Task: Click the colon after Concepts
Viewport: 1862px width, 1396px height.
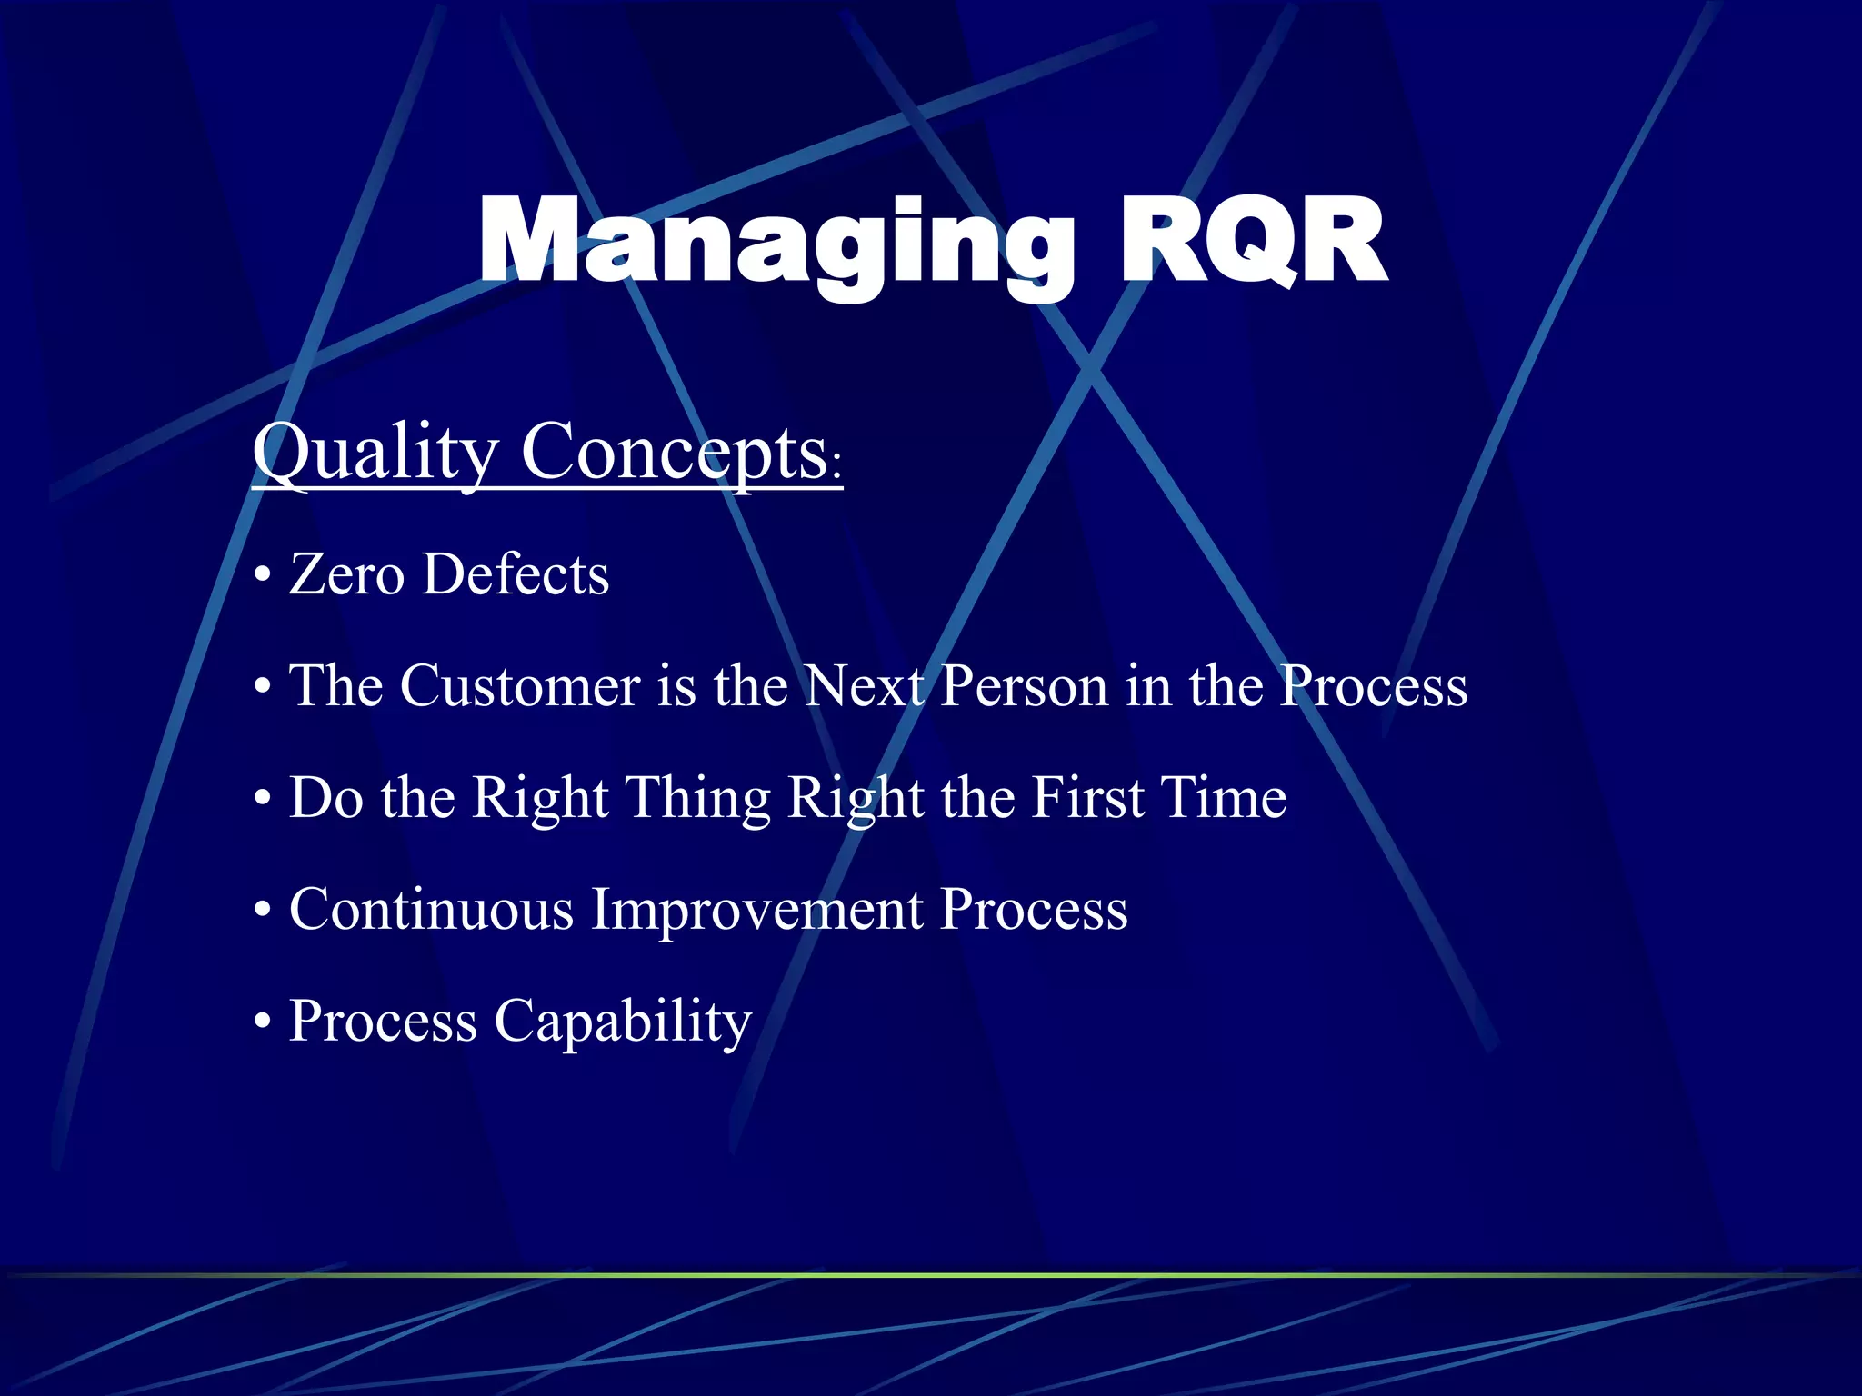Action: click(836, 466)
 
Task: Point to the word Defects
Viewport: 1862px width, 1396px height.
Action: click(516, 575)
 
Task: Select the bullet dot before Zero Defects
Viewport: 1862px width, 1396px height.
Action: click(263, 578)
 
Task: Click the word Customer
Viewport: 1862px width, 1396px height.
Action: click(519, 686)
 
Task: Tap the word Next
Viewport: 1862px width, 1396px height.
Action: click(864, 686)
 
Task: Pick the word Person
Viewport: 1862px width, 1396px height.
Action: click(1024, 686)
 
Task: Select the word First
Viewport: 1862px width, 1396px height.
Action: click(1087, 798)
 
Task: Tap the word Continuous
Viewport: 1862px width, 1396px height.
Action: click(431, 910)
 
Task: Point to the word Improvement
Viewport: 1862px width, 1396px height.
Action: click(757, 910)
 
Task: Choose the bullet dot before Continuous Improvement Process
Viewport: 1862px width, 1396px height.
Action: click(263, 912)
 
